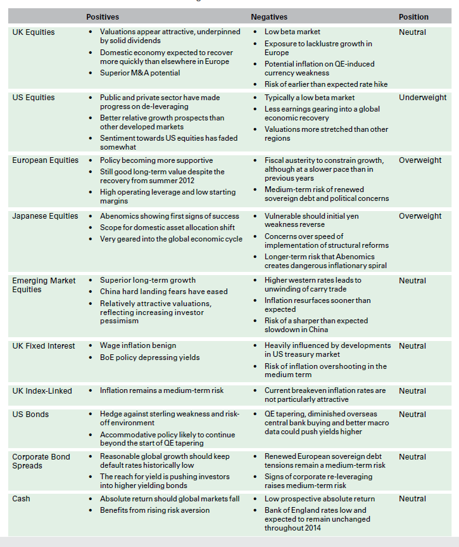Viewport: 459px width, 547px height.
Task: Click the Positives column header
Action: pyautogui.click(x=103, y=17)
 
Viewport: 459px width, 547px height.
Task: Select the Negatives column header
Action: pyautogui.click(x=269, y=17)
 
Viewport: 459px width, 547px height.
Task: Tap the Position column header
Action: pyautogui.click(x=413, y=17)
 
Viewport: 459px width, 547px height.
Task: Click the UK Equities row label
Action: pyautogui.click(x=34, y=32)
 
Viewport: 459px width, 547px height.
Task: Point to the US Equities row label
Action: pyautogui.click(x=34, y=98)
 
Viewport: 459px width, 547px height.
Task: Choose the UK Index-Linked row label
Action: pyautogui.click(x=42, y=391)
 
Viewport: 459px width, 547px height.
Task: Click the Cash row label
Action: pyautogui.click(x=22, y=499)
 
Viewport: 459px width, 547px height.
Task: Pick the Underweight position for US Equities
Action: pyautogui.click(x=422, y=98)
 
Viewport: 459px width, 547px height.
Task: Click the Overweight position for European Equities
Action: pyautogui.click(x=420, y=160)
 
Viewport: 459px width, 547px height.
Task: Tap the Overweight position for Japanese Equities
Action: pyautogui.click(x=420, y=216)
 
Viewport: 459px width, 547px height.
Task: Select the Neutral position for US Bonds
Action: pyautogui.click(x=412, y=415)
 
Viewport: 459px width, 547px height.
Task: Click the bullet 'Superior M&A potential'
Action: pyautogui.click(x=140, y=73)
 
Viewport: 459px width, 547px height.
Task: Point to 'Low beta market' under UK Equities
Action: pyautogui.click(x=292, y=32)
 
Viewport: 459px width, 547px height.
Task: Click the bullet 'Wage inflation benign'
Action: pyautogui.click(x=138, y=346)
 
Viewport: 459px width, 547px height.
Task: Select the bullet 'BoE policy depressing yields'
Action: pyautogui.click(x=149, y=358)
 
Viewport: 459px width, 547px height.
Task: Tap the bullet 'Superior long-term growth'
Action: pyautogui.click(x=148, y=280)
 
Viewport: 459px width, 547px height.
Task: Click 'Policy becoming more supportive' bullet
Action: pyautogui.click(x=156, y=160)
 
